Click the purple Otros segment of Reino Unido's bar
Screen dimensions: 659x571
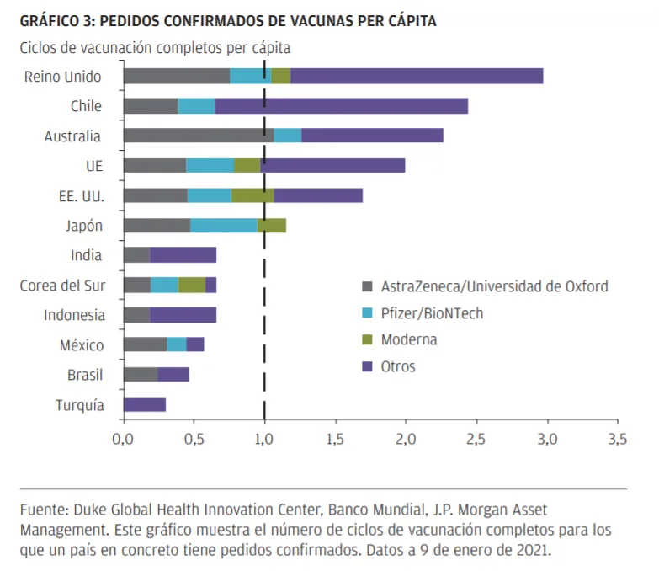click(417, 76)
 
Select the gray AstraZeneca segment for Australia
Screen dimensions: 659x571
click(199, 136)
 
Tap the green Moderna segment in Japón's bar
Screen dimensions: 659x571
click(272, 226)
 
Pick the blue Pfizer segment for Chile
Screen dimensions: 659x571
click(197, 106)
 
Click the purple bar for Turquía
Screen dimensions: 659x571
click(145, 404)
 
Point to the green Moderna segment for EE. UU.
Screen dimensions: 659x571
click(252, 195)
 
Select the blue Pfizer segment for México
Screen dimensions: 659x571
click(177, 344)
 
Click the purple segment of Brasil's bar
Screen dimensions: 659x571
click(173, 374)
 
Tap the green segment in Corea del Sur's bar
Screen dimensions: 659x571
click(192, 285)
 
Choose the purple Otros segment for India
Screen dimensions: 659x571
click(183, 255)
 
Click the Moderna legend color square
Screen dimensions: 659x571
click(367, 339)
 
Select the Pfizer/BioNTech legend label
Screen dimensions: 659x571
click(432, 313)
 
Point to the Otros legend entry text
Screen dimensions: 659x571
click(398, 366)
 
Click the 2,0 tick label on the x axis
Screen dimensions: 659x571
click(406, 439)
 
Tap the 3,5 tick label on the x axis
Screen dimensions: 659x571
click(617, 439)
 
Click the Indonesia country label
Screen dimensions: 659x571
click(74, 315)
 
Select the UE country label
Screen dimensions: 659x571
click(94, 166)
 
